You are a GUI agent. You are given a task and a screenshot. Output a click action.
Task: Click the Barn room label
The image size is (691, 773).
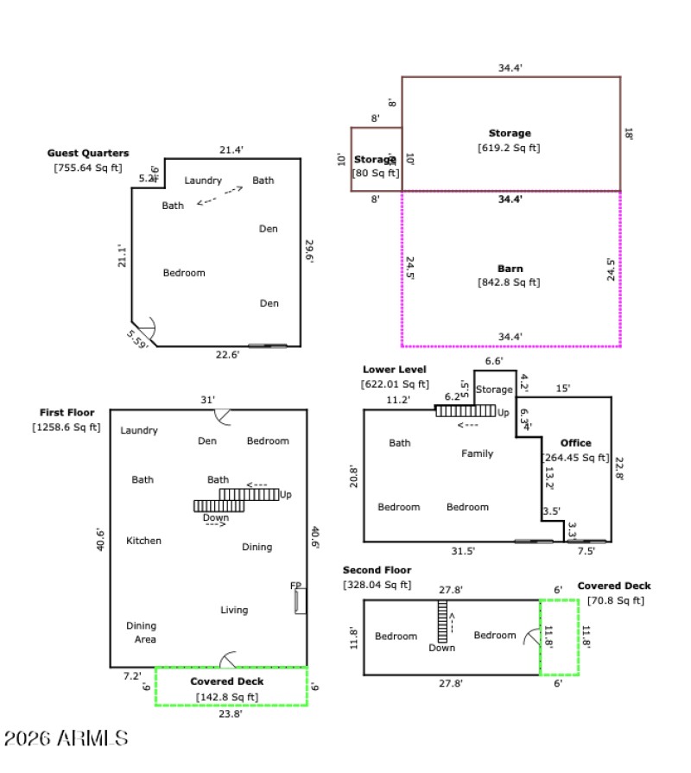[x=510, y=269]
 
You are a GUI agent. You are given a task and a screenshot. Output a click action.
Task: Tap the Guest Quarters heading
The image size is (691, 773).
[x=88, y=153]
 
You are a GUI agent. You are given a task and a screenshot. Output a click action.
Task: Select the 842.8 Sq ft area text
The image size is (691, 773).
[x=509, y=282]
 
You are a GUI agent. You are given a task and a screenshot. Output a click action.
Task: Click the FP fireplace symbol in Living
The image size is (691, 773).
[x=300, y=600]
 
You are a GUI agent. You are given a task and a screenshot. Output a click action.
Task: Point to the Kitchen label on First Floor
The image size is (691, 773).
[x=144, y=541]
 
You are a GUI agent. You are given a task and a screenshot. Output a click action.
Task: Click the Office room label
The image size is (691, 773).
[x=575, y=443]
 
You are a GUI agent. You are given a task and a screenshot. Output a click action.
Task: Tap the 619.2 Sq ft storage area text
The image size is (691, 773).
[x=509, y=148]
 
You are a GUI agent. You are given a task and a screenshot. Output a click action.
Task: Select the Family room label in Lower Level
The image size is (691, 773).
[x=477, y=453]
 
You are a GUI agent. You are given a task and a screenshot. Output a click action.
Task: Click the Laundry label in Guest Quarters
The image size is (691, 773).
[x=203, y=181]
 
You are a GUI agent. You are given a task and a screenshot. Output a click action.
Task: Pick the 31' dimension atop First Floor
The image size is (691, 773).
[x=207, y=400]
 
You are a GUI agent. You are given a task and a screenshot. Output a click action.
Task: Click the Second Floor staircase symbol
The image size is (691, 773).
[x=442, y=621]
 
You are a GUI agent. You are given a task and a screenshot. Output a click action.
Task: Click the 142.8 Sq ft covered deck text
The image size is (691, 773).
[x=226, y=697]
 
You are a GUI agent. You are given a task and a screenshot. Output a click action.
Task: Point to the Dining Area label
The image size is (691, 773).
[x=142, y=632]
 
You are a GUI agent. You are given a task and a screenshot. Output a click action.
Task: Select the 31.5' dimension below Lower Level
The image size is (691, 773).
[x=462, y=551]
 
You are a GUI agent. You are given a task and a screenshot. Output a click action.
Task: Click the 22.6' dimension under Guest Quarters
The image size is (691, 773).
[x=226, y=354]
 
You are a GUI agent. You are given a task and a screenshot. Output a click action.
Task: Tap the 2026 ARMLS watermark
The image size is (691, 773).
[x=67, y=738]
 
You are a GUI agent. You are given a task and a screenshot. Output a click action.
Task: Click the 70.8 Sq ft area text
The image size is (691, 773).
[x=615, y=600]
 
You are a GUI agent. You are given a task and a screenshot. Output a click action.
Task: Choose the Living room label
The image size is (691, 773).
[x=234, y=610]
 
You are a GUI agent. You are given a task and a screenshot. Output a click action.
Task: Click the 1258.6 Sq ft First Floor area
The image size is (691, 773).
[x=66, y=427]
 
